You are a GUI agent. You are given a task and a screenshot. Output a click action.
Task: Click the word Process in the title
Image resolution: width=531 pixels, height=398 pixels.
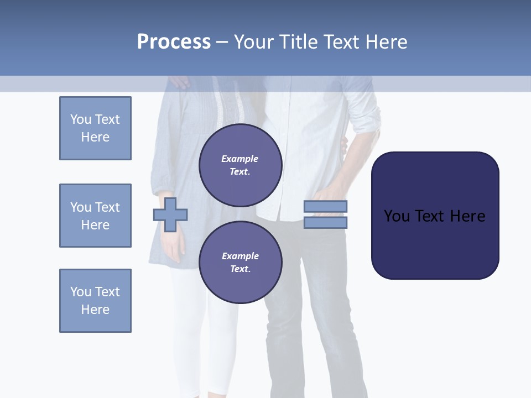(174, 42)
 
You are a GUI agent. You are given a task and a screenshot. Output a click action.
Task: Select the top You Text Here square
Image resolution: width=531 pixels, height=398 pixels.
(95, 128)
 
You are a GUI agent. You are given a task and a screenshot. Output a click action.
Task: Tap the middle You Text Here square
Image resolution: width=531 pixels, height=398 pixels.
(95, 216)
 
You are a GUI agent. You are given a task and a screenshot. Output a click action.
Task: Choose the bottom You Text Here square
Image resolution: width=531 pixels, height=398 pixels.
(95, 301)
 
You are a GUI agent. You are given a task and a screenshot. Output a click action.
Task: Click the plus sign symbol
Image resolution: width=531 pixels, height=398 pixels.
(170, 215)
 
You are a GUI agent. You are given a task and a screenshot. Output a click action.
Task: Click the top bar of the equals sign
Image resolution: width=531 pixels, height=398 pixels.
(325, 207)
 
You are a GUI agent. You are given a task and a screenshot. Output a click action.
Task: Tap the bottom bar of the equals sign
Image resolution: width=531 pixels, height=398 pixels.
(325, 223)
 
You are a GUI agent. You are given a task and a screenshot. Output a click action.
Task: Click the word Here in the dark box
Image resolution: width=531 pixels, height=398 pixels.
(468, 216)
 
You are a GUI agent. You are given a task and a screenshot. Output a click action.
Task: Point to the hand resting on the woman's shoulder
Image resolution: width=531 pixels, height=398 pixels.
(179, 82)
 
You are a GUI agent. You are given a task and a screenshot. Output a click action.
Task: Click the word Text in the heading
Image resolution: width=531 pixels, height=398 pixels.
(344, 42)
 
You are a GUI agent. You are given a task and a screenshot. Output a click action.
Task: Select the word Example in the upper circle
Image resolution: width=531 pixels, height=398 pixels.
(240, 159)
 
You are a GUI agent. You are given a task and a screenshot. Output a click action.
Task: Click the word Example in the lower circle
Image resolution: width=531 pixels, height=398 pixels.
(240, 256)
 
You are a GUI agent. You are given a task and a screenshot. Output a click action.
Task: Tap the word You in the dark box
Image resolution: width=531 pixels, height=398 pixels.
(396, 216)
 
